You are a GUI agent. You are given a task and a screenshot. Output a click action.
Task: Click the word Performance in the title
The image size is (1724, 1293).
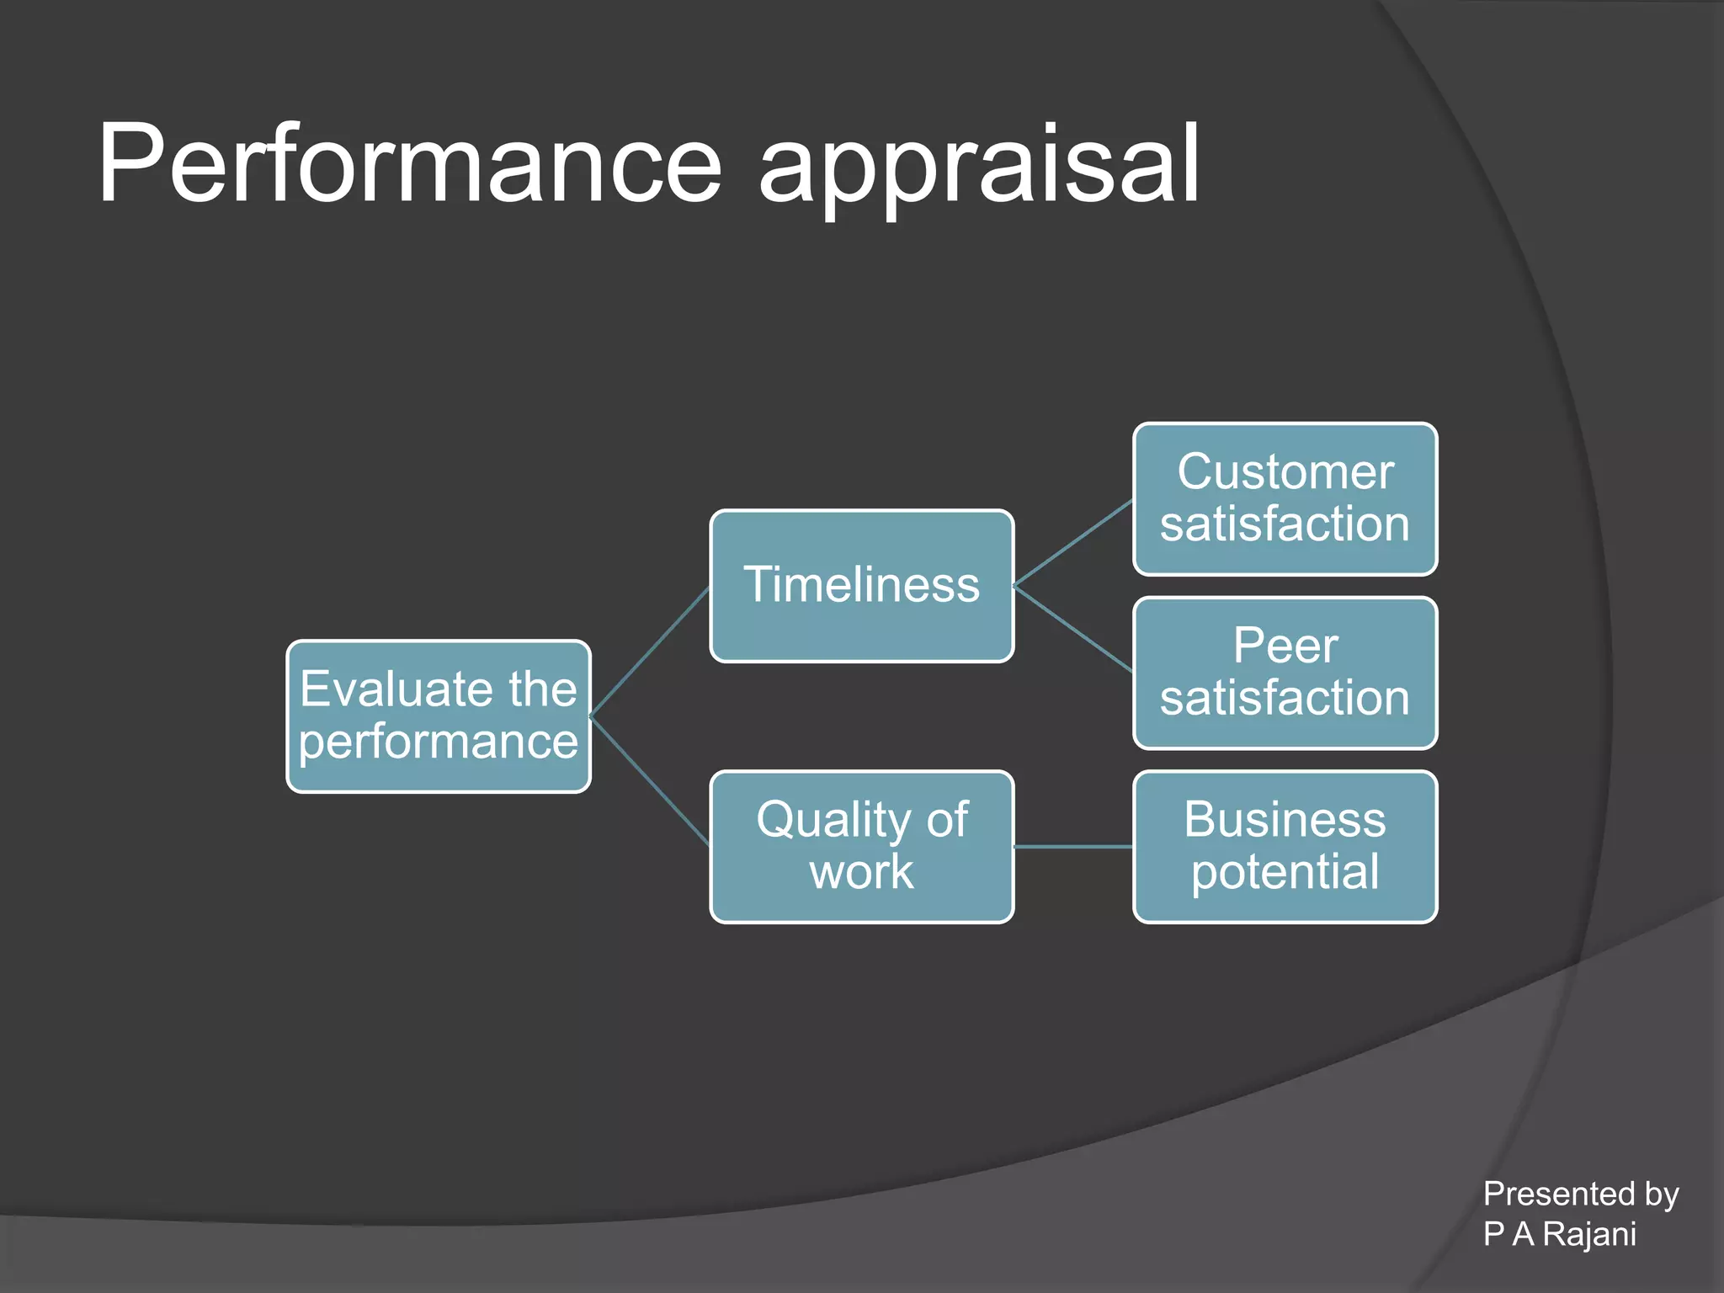[409, 164]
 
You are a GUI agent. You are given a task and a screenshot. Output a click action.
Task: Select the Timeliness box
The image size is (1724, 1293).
[861, 586]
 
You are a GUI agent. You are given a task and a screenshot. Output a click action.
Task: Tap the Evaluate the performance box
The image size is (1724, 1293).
[438, 716]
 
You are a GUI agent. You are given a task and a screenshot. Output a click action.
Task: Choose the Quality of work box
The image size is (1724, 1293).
[861, 847]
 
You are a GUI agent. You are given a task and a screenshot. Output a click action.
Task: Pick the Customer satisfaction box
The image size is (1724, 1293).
[1285, 499]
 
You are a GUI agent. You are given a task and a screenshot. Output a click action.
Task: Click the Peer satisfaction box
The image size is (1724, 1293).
[1285, 673]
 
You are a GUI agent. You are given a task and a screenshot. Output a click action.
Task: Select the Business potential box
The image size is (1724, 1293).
[1285, 847]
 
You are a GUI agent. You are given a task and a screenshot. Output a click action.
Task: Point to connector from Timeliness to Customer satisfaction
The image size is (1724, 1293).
[1073, 543]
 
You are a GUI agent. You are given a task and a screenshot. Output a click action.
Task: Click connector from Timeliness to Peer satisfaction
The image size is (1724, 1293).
[1073, 629]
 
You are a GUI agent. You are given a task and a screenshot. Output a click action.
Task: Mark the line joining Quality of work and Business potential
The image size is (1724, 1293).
[1073, 847]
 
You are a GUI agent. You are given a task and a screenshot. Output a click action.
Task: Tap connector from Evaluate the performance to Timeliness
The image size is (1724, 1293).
[650, 652]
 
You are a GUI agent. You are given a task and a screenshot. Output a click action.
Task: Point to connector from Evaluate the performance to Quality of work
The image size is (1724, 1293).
[650, 781]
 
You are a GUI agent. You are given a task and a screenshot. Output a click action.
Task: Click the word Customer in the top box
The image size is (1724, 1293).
[1285, 471]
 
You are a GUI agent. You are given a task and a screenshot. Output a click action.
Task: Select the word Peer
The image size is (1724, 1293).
[1285, 646]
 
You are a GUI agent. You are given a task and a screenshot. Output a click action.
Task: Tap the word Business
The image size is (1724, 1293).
[1285, 819]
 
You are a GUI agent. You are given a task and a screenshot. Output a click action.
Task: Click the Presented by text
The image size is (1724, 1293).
[1580, 1194]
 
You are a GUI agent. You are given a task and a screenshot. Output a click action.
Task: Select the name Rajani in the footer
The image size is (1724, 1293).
[1589, 1234]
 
